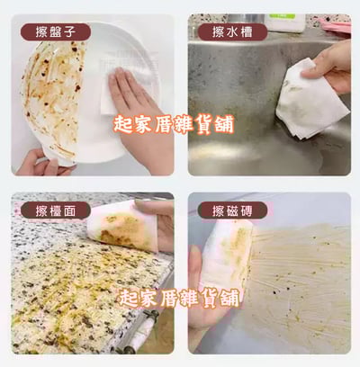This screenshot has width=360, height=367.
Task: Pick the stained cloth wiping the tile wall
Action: tap(225, 247)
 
